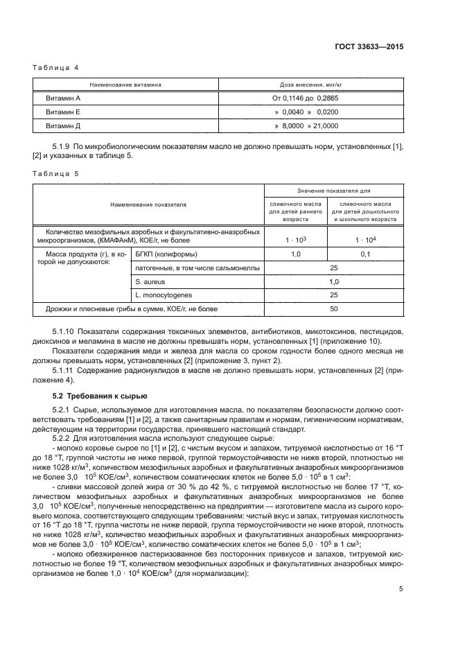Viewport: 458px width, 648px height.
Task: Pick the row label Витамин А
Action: (x=63, y=98)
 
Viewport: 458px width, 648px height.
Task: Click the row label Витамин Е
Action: (x=63, y=112)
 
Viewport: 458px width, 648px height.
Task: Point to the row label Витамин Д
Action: (x=63, y=125)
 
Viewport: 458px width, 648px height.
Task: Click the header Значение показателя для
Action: (x=333, y=191)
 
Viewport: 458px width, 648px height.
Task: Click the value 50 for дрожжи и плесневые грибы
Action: (x=333, y=308)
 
